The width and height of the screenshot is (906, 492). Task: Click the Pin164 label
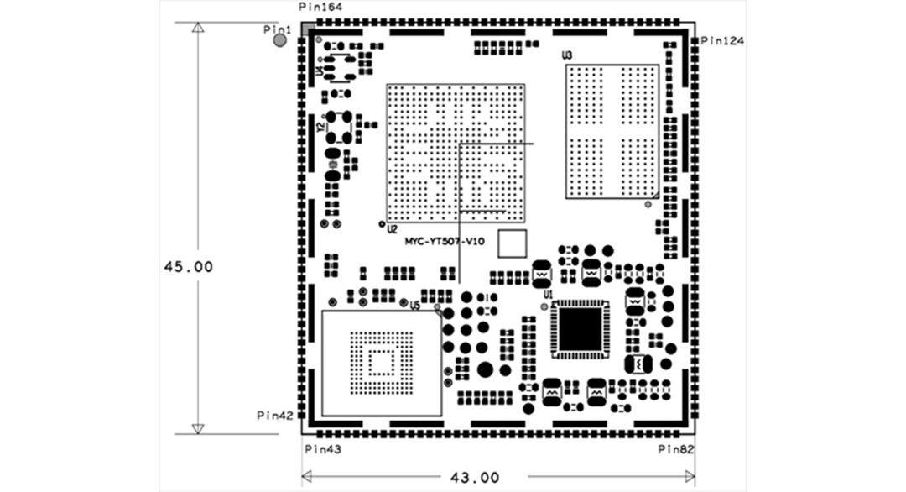(320, 7)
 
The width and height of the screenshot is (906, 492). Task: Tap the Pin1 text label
(277, 29)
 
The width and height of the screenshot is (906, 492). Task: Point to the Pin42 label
(274, 415)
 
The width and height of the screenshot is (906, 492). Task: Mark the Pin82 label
(676, 450)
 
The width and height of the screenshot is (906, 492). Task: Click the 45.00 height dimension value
(188, 266)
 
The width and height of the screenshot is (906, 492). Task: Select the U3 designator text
(567, 55)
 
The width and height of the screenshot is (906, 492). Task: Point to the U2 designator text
(392, 229)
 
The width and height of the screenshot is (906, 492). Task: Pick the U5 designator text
(414, 306)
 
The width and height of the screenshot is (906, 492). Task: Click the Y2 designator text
(320, 127)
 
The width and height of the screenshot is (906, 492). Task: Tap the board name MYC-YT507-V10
(445, 241)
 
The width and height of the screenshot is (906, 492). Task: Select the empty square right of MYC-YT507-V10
(512, 243)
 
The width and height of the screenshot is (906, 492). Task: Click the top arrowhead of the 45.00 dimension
(197, 28)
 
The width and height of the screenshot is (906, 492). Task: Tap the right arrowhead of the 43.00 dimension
(690, 476)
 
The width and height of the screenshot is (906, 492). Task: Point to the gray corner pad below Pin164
(308, 28)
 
